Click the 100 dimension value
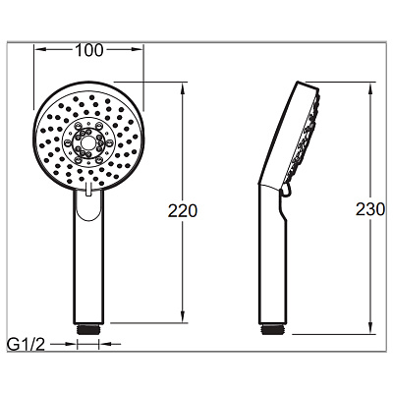coord(89,50)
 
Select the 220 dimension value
coord(183,211)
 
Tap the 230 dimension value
coord(370,209)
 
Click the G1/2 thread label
coord(27,345)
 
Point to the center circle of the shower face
coord(87,142)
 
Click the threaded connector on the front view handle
coord(87,329)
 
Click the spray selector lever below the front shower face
coord(87,190)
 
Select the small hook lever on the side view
coord(285,191)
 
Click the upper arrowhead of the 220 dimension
coord(184,87)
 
